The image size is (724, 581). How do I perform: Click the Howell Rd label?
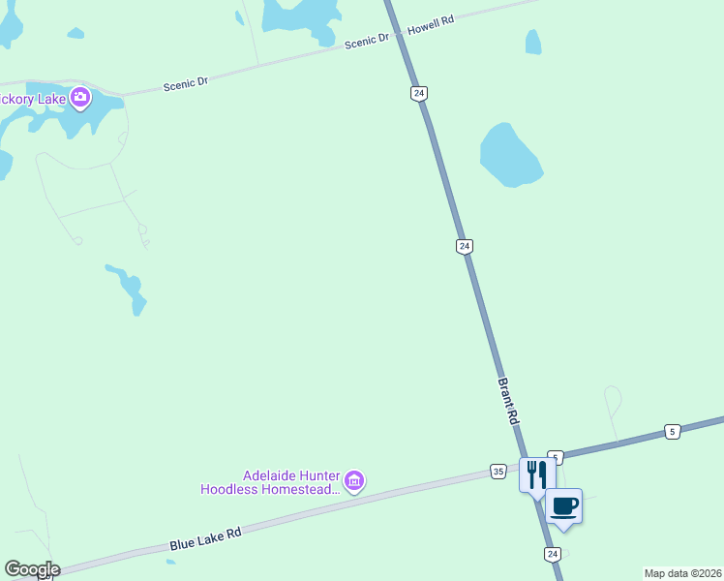(431, 25)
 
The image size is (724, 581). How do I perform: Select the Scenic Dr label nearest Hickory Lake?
(186, 84)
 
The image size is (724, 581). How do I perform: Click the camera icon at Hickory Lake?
(79, 97)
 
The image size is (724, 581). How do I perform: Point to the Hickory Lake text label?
(33, 98)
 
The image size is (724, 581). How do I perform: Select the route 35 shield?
(498, 471)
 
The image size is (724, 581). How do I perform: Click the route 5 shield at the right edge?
(672, 431)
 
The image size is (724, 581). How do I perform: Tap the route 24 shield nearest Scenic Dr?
(418, 93)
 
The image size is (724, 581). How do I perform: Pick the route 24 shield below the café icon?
(552, 554)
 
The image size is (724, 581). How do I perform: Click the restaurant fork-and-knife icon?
(537, 474)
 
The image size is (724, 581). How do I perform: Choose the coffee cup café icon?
(564, 505)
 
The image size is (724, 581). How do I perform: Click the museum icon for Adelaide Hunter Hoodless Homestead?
(354, 480)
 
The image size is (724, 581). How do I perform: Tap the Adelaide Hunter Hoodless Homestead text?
(270, 482)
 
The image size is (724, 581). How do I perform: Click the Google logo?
(32, 569)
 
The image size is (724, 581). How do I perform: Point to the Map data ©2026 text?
(682, 573)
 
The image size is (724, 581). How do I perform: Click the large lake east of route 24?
(510, 155)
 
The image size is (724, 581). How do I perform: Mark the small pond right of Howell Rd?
(532, 42)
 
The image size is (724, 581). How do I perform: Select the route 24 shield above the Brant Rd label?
(465, 247)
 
